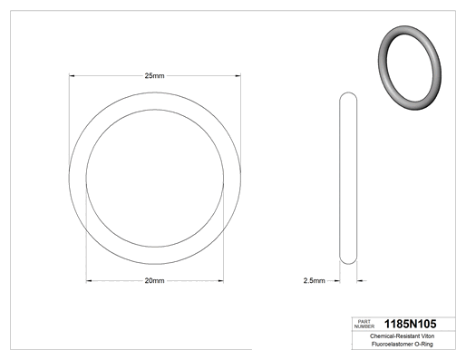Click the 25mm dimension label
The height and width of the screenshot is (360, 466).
click(x=154, y=75)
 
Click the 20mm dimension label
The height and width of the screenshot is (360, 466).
click(x=154, y=280)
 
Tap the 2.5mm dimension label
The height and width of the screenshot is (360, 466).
click(x=314, y=280)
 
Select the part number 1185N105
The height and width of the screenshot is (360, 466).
click(x=410, y=324)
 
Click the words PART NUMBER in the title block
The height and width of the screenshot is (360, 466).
click(x=364, y=324)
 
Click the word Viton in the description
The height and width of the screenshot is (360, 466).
click(x=428, y=336)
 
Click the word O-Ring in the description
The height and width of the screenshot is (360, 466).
click(x=424, y=344)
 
